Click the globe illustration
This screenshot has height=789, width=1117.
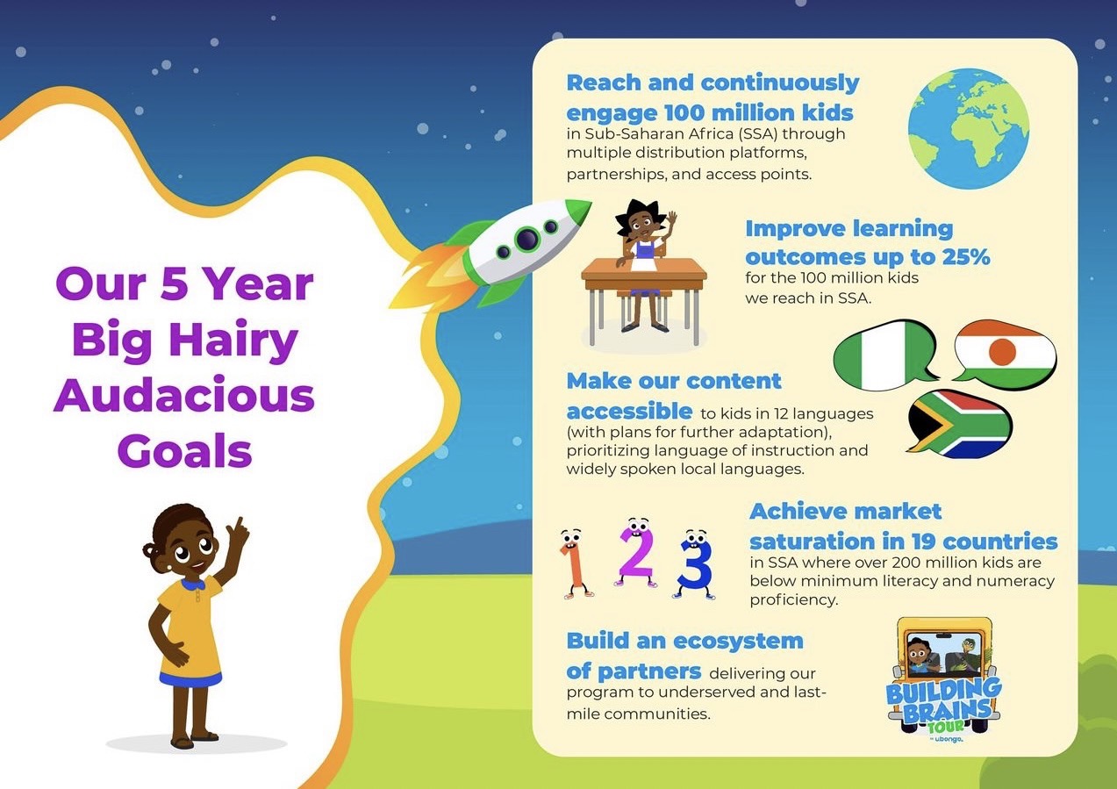click(x=969, y=129)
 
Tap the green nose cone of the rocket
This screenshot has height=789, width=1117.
click(x=577, y=211)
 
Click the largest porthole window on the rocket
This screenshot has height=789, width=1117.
click(x=526, y=239)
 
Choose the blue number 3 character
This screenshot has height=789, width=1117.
click(x=694, y=564)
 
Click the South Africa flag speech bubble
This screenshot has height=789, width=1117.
click(x=958, y=424)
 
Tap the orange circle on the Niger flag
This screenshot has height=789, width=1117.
click(x=1002, y=352)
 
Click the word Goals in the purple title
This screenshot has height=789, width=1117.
click(x=184, y=450)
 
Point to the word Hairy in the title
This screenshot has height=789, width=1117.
click(x=233, y=339)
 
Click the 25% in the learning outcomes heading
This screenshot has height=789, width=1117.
click(x=966, y=257)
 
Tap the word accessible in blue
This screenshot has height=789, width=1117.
click(x=629, y=412)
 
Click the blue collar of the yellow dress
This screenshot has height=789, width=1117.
click(x=193, y=584)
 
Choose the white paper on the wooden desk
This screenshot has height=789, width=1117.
click(x=644, y=262)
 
